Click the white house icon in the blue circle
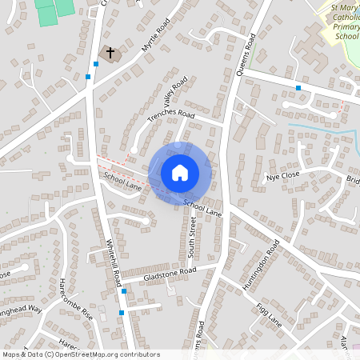point(180,173)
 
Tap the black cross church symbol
point(110,54)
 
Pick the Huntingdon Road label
point(262,267)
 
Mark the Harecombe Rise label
point(77,299)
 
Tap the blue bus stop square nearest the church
point(87,77)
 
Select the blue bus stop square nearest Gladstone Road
point(122,292)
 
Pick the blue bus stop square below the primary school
point(298,87)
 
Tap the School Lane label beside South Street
point(202,208)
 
